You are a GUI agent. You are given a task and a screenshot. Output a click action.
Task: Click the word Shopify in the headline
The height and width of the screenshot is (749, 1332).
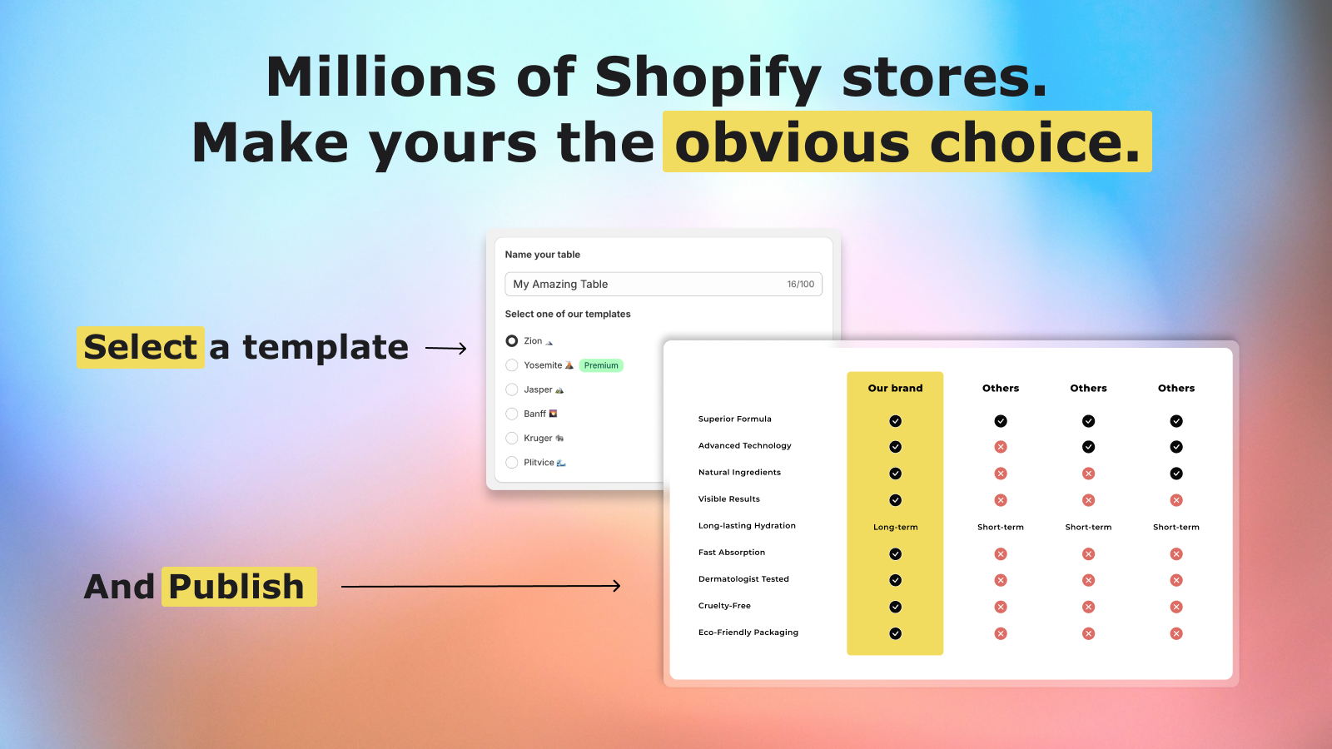pos(708,78)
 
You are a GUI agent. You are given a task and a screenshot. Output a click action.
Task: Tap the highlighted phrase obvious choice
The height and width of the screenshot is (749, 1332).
pos(907,142)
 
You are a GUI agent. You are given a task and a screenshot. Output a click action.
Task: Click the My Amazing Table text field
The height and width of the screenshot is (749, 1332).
pos(663,284)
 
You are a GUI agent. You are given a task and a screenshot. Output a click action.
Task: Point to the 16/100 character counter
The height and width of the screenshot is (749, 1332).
pos(800,284)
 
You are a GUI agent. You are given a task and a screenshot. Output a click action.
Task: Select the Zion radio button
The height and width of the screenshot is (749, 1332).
pos(511,340)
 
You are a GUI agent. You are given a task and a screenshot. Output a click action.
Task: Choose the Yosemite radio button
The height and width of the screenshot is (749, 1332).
pos(511,365)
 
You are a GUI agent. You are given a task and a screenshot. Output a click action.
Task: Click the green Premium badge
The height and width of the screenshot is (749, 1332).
pos(600,365)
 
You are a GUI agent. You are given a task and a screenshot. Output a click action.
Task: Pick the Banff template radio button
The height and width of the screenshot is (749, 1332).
pos(511,414)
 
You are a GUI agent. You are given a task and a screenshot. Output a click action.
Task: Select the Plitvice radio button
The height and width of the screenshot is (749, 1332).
pos(511,463)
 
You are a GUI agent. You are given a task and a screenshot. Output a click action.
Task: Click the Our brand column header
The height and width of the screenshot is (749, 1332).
pos(895,388)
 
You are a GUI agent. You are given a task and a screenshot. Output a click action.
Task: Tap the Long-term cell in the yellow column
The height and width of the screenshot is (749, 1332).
pos(895,528)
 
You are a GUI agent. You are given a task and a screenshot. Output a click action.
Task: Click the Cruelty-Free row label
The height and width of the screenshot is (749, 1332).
pos(724,606)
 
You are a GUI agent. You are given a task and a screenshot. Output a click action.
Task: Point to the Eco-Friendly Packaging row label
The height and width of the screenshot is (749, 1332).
pos(748,632)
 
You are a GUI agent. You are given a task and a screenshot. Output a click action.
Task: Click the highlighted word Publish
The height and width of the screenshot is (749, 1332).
pos(236,587)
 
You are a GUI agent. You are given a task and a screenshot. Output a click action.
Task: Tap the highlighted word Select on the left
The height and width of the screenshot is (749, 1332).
pos(141,347)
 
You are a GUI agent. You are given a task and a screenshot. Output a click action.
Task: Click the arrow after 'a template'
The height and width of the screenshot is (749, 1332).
pos(446,349)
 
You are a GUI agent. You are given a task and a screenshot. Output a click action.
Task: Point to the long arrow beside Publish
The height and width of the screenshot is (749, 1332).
pos(481,586)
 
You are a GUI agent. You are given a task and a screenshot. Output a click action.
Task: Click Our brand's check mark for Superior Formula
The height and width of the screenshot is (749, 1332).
pos(895,421)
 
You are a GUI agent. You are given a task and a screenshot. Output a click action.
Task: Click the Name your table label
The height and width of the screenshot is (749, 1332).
pos(542,255)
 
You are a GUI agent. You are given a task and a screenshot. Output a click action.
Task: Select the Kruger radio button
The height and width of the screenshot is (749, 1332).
pos(511,438)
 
